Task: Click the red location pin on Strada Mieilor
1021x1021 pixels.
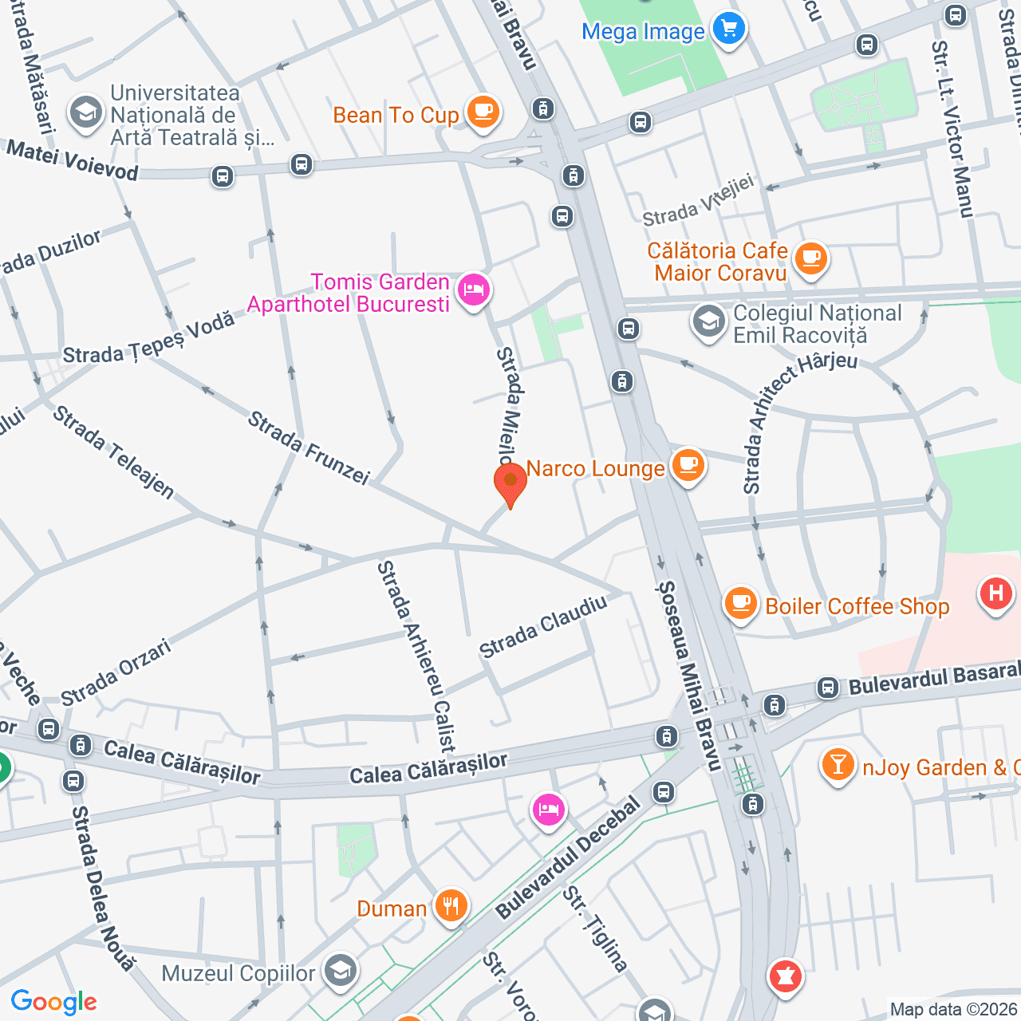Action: coord(510,483)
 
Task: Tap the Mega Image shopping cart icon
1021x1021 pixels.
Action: coord(728,30)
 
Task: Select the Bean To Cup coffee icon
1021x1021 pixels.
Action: coord(483,112)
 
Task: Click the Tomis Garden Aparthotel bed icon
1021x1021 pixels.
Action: coord(474,289)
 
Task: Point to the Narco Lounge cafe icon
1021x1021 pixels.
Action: coord(688,465)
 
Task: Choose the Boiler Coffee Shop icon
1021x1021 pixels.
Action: coord(740,603)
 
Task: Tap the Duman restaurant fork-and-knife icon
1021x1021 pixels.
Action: coord(451,906)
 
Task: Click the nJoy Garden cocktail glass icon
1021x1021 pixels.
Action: coord(838,765)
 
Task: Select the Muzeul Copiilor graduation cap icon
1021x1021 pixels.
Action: coord(341,972)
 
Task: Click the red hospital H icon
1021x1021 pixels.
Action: coord(995,593)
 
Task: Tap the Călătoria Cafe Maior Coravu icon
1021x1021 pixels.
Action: coord(811,258)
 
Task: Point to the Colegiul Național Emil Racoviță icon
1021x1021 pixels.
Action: coord(708,322)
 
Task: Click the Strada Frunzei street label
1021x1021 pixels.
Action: coord(309,448)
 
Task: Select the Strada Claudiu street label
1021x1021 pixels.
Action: coord(543,627)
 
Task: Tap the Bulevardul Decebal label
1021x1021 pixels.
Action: coord(568,858)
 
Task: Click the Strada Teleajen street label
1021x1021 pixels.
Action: coord(113,452)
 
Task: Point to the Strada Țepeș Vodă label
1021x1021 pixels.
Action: coord(149,339)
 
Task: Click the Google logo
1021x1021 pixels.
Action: coord(53,1002)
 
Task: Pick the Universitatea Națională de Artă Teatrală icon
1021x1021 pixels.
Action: coord(85,113)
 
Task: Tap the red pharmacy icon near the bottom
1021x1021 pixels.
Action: coord(785,976)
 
